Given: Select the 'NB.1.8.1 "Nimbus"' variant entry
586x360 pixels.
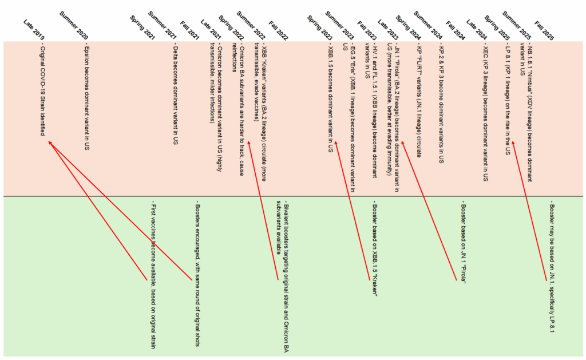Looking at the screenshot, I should pyautogui.click(x=530, y=109).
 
